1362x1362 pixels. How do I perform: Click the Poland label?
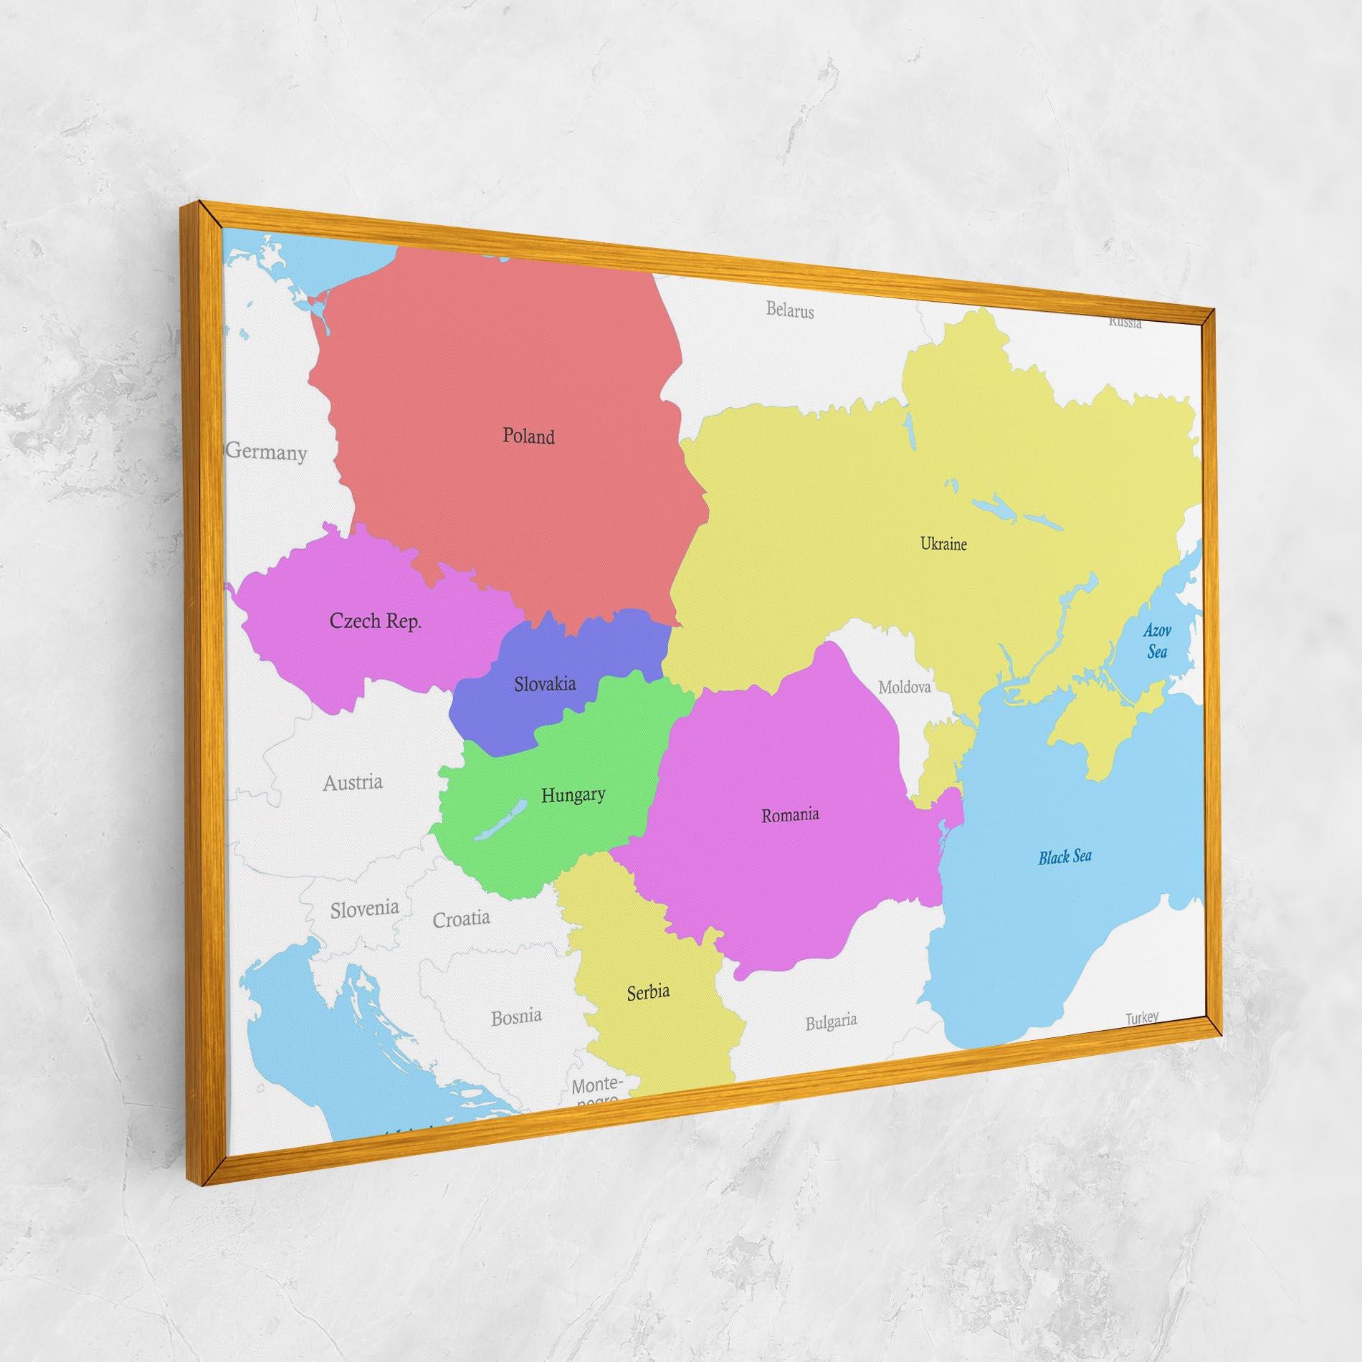point(528,436)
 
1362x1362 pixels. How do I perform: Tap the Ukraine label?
point(943,544)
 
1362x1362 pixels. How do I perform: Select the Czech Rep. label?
point(375,621)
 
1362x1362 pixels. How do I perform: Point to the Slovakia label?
point(545,684)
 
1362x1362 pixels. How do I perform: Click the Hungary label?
point(573,794)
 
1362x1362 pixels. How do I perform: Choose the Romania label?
point(790,815)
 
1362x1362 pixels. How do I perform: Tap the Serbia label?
point(648,992)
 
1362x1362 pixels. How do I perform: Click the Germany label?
point(267,452)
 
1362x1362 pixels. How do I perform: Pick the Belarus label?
point(790,310)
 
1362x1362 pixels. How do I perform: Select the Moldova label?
point(905,687)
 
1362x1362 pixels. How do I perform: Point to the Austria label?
point(352,782)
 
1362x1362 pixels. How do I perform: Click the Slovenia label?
point(364,909)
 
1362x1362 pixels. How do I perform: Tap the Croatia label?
point(461,918)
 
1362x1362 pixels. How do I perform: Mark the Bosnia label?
point(516,1016)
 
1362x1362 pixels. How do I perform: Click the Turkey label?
point(1141,1017)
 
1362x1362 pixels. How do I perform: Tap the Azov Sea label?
point(1157,641)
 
